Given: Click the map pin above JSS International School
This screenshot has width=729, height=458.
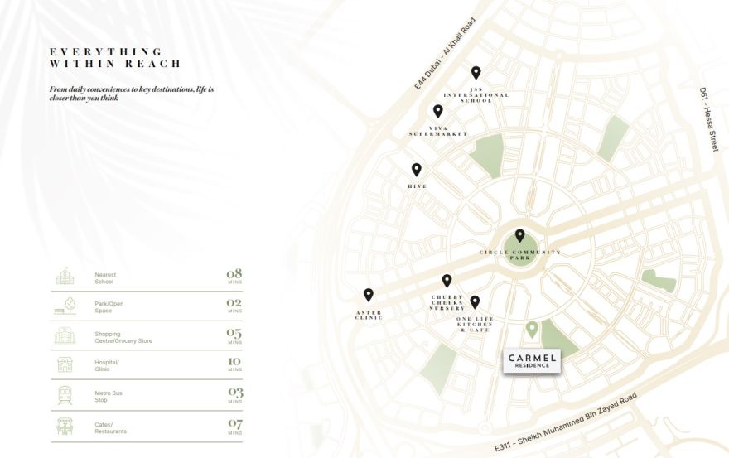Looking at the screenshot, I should tap(476, 74).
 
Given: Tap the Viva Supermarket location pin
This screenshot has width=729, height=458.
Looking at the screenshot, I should tap(437, 112).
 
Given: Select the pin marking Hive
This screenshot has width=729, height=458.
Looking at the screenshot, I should tap(417, 170).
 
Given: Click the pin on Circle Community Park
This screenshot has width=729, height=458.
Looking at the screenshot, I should tap(520, 236).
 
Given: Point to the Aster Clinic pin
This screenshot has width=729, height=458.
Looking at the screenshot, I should tap(369, 295).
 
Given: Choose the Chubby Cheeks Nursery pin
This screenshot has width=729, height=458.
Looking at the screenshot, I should tap(447, 282).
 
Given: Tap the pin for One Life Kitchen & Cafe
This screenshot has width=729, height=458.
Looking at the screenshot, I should tap(475, 302).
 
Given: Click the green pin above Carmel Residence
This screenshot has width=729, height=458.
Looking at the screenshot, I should tap(533, 330).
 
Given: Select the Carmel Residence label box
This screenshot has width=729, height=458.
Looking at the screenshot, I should tap(532, 361).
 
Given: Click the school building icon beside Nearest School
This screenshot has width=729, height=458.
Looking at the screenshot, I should tap(65, 277).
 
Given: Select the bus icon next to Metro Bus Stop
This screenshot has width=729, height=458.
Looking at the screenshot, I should tap(65, 395).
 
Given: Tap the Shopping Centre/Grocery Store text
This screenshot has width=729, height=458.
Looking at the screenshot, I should tap(123, 337).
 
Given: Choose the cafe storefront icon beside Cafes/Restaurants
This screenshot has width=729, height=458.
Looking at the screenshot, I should tap(65, 426).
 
